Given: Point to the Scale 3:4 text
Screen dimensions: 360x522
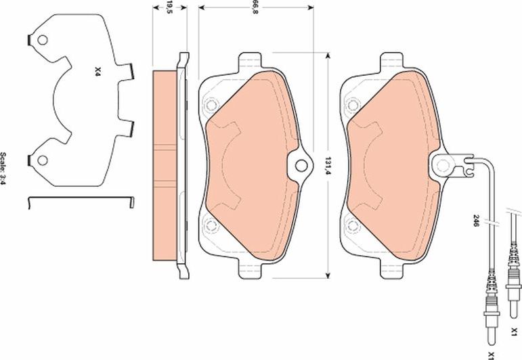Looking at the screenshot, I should tap(4, 168).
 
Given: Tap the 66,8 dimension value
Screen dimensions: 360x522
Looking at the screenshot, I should tap(255, 8).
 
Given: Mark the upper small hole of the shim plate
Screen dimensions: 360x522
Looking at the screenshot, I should tap(43, 41).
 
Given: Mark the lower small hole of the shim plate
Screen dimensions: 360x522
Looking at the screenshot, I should tap(43, 160).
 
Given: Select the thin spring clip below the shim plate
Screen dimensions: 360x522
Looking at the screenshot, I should tap(81, 198).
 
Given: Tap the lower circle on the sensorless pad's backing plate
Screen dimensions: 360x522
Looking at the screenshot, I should tap(209, 226).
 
